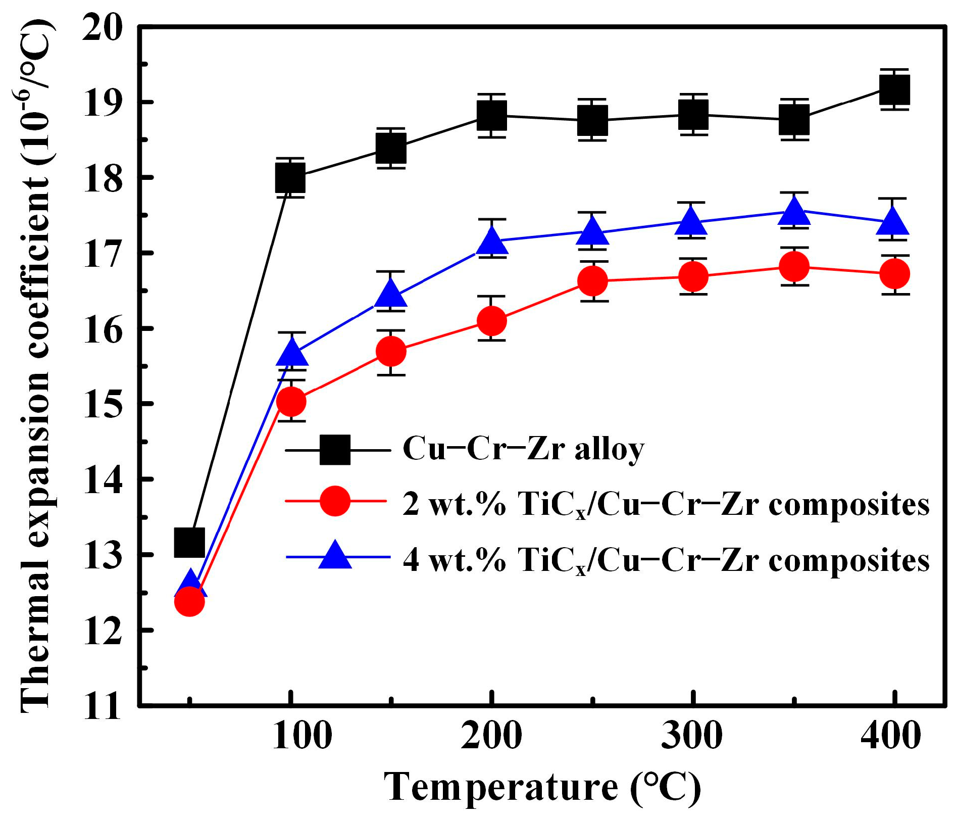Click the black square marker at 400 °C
894,90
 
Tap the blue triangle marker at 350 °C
794,212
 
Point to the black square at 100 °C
290,177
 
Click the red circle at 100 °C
291,401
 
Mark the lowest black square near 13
189,542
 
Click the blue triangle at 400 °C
894,222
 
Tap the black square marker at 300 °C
693,114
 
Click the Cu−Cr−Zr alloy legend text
523,449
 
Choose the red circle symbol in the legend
335,501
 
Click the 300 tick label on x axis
692,737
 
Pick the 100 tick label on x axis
302,737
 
